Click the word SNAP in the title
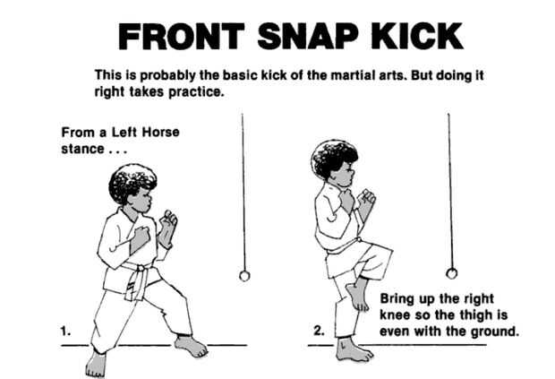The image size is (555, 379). tap(307, 36)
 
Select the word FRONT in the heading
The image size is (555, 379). tap(181, 36)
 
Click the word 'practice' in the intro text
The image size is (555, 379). tap(196, 92)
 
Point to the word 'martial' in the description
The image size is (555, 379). tap(351, 75)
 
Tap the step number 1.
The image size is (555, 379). tap(65, 332)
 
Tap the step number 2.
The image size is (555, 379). tap(319, 331)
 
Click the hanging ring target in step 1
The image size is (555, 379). tap(244, 276)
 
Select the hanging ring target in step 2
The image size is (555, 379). tap(451, 273)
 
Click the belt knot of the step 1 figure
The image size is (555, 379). tap(141, 268)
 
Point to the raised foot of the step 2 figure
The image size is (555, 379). tap(357, 295)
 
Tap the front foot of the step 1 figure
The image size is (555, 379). tap(192, 346)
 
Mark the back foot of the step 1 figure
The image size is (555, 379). tap(96, 364)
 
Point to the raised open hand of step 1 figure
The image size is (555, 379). tap(167, 228)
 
